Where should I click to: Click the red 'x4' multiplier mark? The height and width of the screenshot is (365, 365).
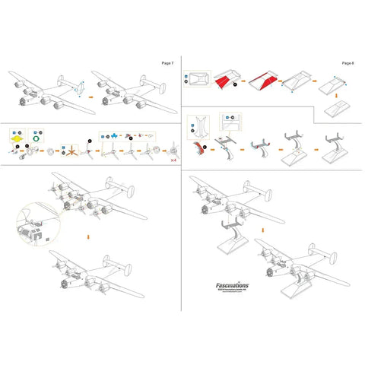174,160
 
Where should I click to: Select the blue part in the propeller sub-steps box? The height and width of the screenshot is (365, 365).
114,135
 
